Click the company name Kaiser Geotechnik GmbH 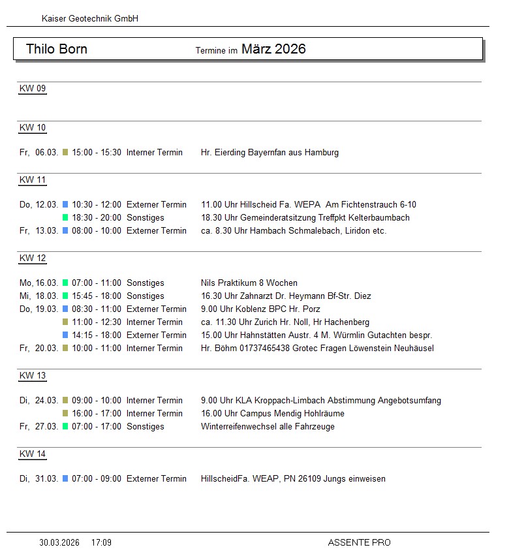(x=90, y=19)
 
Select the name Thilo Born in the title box (x=57, y=49)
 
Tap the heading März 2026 (x=273, y=49)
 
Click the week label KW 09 (x=33, y=89)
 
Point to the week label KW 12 (x=33, y=258)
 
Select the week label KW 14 (x=33, y=454)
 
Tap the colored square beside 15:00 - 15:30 (x=65, y=153)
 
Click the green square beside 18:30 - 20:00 (x=65, y=218)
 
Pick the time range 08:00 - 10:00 (x=97, y=231)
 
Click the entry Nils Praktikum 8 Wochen (x=249, y=283)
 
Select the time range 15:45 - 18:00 (x=97, y=296)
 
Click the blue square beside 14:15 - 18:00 (x=65, y=335)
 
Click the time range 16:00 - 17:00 (x=97, y=414)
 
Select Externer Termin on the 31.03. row (x=157, y=479)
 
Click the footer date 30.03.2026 (x=59, y=542)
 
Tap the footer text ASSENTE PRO (x=359, y=542)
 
